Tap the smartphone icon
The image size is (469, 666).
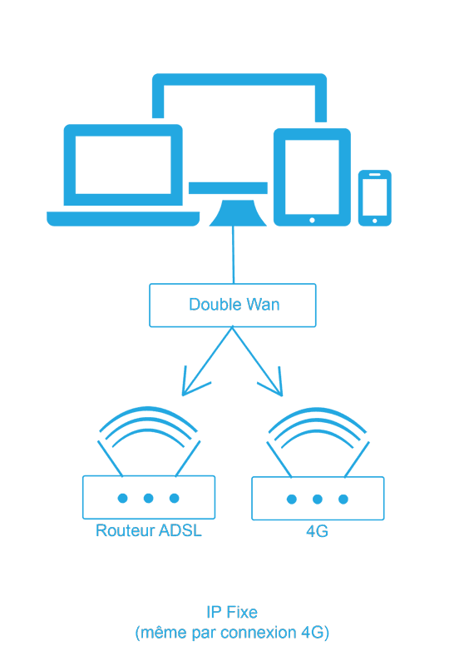point(375,198)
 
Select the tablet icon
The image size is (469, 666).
point(312,176)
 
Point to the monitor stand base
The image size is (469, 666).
point(238,213)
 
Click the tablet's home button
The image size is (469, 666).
point(312,220)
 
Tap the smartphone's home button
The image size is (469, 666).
point(375,221)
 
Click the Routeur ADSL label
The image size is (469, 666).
point(149,530)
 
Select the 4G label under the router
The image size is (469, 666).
point(317,531)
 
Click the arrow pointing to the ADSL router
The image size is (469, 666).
point(207,361)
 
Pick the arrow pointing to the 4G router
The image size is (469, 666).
point(258,361)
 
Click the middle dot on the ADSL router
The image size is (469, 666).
point(149,498)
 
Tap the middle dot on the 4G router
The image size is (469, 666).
point(318,499)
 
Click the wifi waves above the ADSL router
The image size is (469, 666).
point(148,409)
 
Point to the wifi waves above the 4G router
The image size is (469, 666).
point(318,410)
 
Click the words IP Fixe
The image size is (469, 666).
point(232,612)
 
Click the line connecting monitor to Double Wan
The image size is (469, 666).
point(233,255)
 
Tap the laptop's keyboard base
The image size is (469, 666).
point(123,219)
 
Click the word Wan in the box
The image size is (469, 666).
point(263,305)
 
